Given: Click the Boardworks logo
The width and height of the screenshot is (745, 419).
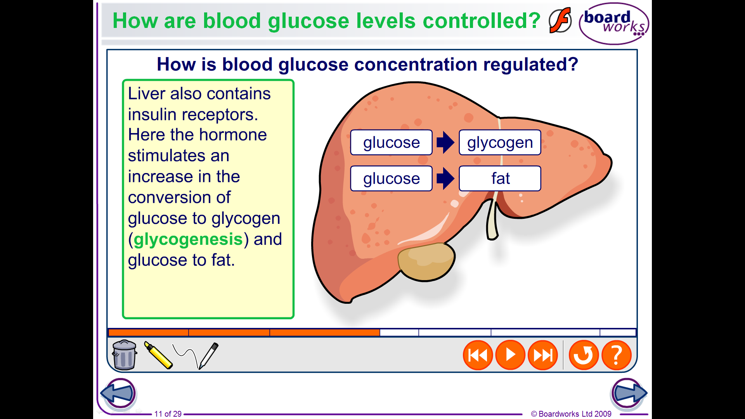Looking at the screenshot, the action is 613,23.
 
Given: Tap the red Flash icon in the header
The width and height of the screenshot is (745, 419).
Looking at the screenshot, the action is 560,20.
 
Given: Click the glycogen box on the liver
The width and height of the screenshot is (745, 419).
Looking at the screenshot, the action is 500,142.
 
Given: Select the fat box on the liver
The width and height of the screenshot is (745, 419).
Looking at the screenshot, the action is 500,178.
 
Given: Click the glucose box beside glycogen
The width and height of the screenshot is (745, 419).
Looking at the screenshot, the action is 391,142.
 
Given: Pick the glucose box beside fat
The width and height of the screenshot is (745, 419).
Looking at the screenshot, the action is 391,178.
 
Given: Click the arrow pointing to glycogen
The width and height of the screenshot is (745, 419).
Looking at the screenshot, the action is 445,142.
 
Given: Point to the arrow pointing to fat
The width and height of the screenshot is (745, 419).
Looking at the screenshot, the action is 445,178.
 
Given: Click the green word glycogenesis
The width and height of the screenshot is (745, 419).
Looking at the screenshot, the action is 188,239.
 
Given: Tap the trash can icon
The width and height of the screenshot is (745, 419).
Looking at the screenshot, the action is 124,355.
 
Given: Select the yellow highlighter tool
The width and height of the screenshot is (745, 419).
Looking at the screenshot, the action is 158,355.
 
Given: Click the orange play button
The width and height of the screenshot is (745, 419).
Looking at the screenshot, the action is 510,355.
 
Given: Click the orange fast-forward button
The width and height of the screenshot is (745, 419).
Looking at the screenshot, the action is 543,355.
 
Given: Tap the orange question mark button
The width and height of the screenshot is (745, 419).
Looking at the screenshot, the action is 617,355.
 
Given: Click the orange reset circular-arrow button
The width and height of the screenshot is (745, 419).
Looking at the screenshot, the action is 584,355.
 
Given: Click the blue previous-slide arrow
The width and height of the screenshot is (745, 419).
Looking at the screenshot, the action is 119,393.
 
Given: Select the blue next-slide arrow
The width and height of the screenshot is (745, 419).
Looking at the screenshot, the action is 629,393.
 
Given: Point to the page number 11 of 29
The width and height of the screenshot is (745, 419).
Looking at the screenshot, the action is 168,414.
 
